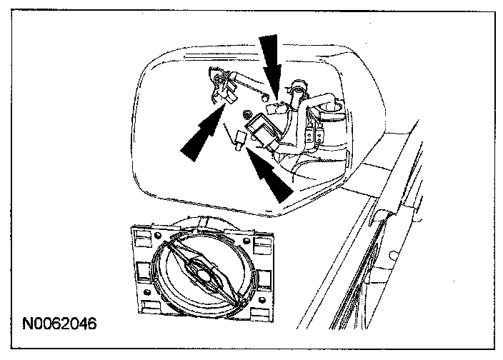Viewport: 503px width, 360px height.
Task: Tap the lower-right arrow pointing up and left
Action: pyautogui.click(x=271, y=175)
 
